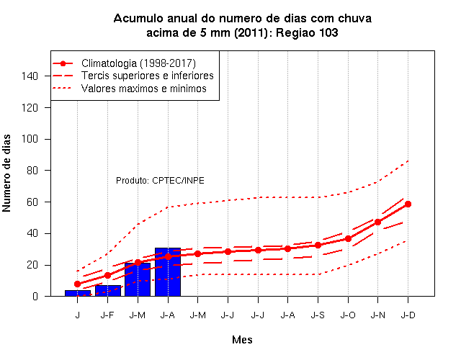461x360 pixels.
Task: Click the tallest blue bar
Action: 168,272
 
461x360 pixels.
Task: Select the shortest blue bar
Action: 78,293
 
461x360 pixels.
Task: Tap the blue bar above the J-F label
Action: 108,291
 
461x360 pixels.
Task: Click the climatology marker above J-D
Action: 408,204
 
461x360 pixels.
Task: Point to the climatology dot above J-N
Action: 377,222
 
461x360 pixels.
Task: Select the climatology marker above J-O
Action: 348,238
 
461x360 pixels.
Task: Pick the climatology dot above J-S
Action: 318,245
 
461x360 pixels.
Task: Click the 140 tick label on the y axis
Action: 30,76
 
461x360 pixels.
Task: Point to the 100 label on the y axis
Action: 30,139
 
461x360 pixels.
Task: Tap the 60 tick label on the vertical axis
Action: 32,202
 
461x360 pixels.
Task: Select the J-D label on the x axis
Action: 408,315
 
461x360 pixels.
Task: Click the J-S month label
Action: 318,315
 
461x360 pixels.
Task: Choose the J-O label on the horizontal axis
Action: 348,315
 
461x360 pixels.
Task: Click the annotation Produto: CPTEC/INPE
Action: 160,180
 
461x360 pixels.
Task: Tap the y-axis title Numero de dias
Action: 6,174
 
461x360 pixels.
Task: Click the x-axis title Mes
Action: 242,340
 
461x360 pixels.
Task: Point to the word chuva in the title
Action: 354,18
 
